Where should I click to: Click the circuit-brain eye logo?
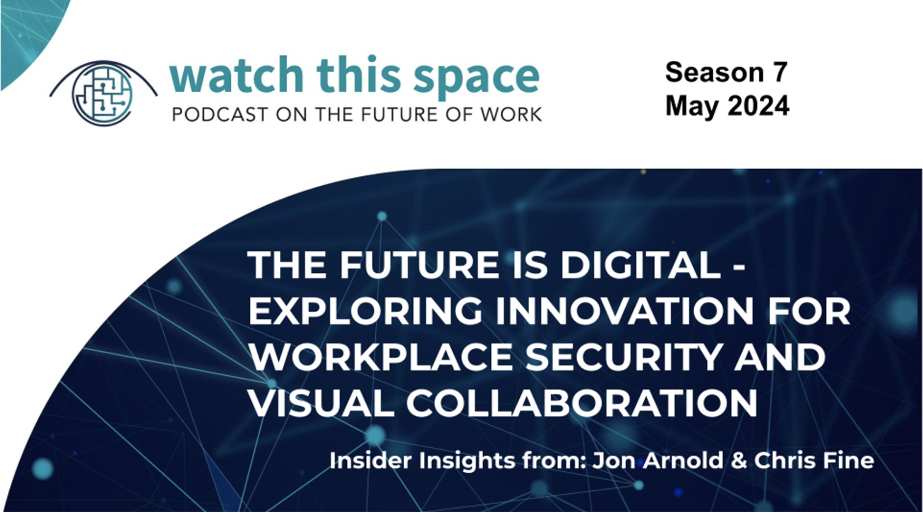tap(103, 93)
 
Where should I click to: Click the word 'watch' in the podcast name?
tap(236, 74)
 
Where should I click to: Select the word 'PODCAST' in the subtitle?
tap(220, 114)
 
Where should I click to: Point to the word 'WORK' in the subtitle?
tap(511, 114)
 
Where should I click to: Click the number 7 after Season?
tap(780, 73)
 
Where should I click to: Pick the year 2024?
tap(758, 106)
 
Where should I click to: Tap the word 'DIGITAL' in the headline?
tap(641, 264)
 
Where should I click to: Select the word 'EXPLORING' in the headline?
tap(365, 311)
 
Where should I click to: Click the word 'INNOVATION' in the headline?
tap(624, 311)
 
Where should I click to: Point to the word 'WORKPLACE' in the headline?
tap(380, 357)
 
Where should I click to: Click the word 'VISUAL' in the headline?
tap(321, 403)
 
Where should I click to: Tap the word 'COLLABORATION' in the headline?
tap(582, 403)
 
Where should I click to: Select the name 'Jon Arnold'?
tap(658, 460)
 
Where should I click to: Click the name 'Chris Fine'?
tap(814, 460)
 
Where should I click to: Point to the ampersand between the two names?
tap(739, 460)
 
